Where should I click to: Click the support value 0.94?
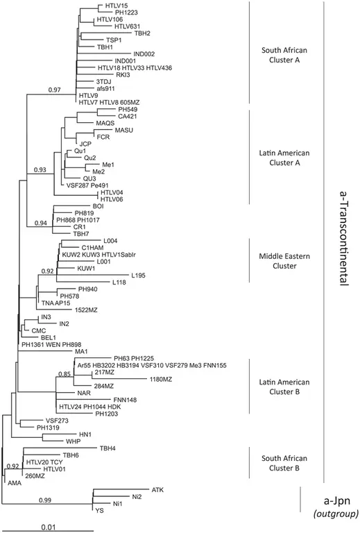click(x=42, y=223)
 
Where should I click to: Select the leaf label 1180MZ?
click(x=161, y=379)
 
